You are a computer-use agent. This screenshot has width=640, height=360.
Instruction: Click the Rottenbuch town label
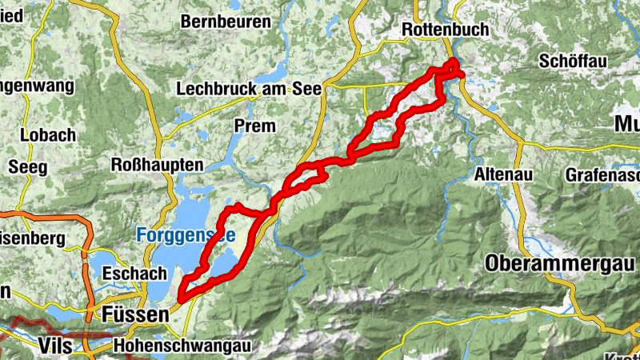pos(439,29)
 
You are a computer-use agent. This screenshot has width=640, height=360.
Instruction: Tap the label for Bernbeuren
pos(226,22)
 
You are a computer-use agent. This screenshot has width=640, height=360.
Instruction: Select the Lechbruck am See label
pos(248,89)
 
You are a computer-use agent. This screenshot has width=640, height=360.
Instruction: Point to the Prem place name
pos(254,126)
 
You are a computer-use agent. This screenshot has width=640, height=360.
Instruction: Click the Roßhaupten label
pos(157,165)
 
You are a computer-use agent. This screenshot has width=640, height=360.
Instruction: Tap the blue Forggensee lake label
pos(185,235)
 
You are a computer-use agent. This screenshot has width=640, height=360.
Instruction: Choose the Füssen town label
pos(136,316)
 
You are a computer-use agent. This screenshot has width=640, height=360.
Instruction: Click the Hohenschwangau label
pos(182,346)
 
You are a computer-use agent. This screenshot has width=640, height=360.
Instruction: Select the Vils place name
pos(54,346)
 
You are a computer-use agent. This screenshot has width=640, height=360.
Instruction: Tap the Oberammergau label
pos(559,263)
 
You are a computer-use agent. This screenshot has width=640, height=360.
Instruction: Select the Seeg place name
pos(28,167)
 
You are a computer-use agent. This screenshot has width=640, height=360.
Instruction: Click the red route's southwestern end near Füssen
pos(182,298)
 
